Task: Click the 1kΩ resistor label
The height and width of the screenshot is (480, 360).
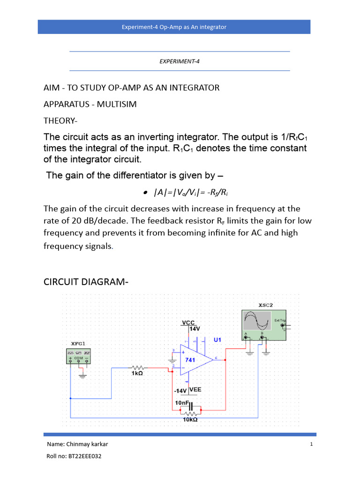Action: point(137,374)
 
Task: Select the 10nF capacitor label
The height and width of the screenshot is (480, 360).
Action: point(181,402)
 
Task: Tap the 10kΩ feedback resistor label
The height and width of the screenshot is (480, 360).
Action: point(190,420)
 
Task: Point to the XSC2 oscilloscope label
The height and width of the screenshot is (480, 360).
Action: point(265,305)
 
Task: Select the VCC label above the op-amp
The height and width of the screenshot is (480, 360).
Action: point(188,322)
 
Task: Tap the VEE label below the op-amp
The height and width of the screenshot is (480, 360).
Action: point(195,389)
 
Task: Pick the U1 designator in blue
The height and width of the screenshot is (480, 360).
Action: point(217,339)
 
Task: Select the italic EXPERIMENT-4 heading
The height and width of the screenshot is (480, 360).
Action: point(180,61)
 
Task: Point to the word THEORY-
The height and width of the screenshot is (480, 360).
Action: point(60,120)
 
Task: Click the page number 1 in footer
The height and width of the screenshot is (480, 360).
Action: point(311,444)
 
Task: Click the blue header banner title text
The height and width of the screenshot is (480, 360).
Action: point(174,27)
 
